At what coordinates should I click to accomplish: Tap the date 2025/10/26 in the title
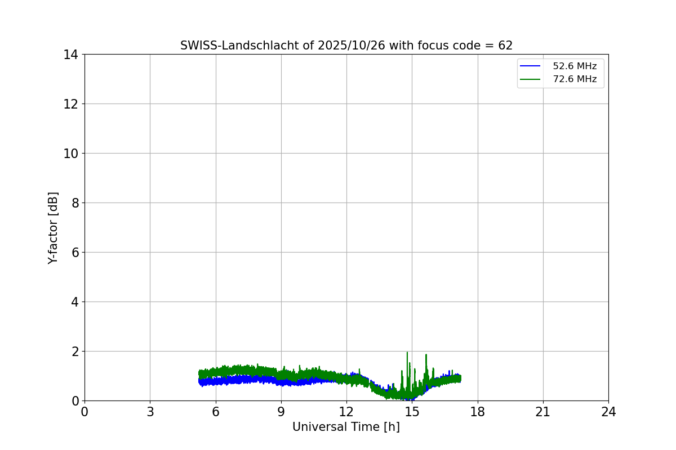(351, 46)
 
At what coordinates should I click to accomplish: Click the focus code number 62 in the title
(505, 46)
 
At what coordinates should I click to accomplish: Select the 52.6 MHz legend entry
(574, 66)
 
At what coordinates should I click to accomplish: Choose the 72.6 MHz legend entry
(574, 79)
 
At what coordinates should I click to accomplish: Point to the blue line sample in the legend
(530, 66)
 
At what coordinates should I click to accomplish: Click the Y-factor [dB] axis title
(54, 228)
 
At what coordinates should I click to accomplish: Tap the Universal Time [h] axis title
(346, 427)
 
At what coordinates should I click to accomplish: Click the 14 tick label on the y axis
(70, 55)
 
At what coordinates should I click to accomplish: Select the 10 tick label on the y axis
(70, 154)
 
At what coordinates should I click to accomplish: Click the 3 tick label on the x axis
(150, 412)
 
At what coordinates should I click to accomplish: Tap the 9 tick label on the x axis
(281, 412)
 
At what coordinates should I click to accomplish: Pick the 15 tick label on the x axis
(412, 412)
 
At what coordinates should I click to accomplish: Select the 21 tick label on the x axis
(543, 412)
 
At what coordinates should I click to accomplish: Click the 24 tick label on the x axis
(608, 412)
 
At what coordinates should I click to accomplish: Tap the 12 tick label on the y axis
(70, 104)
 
